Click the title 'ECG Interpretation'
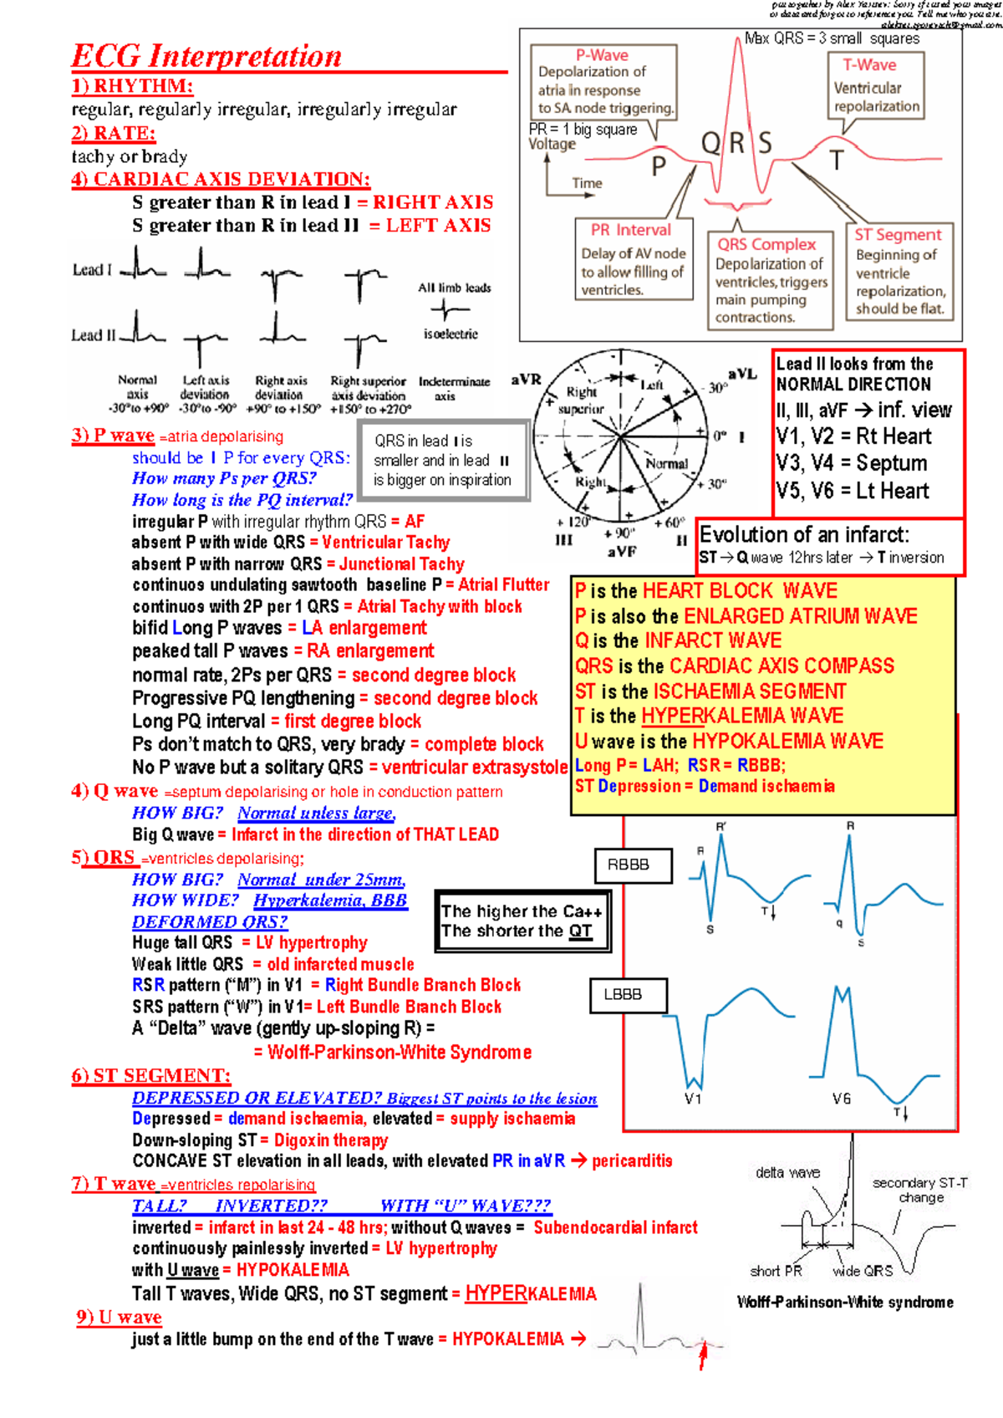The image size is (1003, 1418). [x=206, y=57]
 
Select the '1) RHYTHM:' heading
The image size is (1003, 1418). [x=132, y=86]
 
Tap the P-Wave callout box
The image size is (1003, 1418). [x=603, y=81]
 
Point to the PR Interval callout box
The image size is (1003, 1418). [x=634, y=258]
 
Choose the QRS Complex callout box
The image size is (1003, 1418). [x=770, y=279]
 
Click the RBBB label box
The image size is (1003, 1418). [x=633, y=865]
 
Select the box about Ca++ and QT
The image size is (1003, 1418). [x=522, y=921]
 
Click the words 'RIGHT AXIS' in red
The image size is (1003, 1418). [x=433, y=202]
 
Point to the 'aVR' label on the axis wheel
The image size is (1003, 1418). [x=526, y=380]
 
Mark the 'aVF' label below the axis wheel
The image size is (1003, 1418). [x=621, y=552]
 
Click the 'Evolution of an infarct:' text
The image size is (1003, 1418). [x=804, y=535]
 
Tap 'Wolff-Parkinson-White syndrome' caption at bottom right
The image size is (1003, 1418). [x=845, y=1302]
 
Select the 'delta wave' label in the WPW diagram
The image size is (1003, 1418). [x=787, y=1172]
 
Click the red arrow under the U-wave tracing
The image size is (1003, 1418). [x=703, y=1355]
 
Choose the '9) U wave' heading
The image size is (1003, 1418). [x=119, y=1318]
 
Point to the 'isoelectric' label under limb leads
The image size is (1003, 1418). [x=451, y=334]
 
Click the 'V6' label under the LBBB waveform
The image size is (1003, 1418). [x=841, y=1099]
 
